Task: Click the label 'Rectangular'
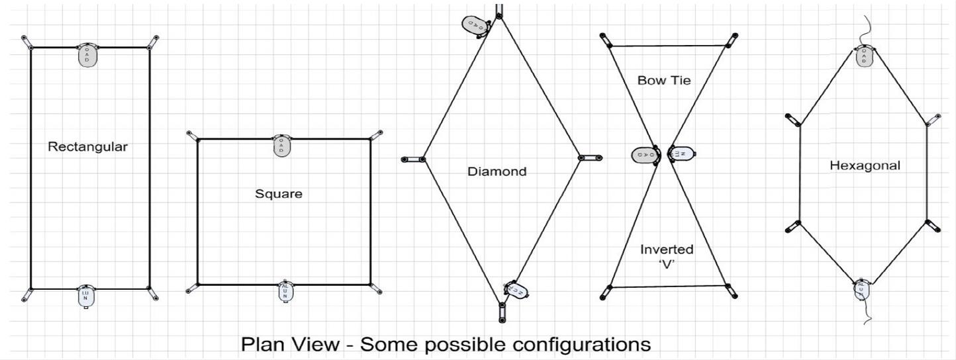(x=87, y=147)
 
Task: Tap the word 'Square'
(x=278, y=194)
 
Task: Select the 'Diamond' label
(x=497, y=171)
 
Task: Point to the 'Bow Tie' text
(x=663, y=81)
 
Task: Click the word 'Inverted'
(x=667, y=249)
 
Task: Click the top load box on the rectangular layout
(x=87, y=56)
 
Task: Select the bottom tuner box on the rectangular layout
(x=87, y=296)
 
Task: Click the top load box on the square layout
(x=281, y=146)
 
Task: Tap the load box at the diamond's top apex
(x=475, y=24)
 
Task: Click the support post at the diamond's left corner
(x=412, y=159)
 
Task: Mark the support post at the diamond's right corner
(x=590, y=158)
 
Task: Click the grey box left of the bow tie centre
(x=643, y=155)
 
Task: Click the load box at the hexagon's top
(x=864, y=57)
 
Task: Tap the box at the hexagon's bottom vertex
(x=861, y=290)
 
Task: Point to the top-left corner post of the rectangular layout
(x=26, y=42)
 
